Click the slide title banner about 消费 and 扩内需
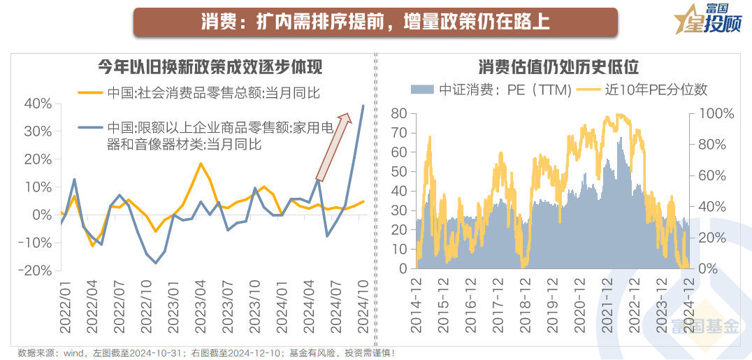pos(375,22)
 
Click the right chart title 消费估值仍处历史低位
pos(558,67)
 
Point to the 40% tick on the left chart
pos(38,103)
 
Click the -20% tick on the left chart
pos(35,271)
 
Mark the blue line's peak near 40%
pos(363,106)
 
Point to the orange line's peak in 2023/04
pos(201,164)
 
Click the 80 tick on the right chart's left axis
pos(398,113)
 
